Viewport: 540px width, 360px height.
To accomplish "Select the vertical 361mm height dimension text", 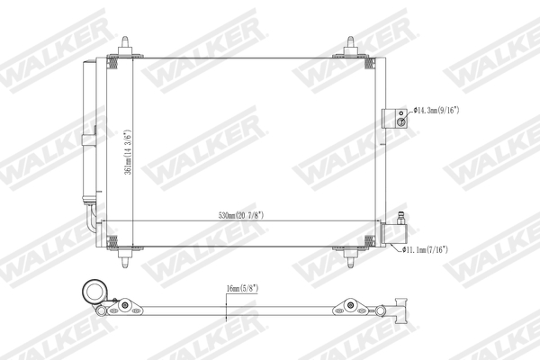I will click(130, 149).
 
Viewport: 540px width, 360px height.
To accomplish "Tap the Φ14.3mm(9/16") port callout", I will click(436, 111).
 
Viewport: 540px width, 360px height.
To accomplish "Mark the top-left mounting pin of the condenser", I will click(126, 46).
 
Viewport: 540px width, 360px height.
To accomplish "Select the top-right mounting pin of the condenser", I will click(352, 46).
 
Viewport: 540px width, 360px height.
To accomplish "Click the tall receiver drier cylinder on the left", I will click(89, 126).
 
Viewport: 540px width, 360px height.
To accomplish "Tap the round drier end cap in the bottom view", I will click(94, 292).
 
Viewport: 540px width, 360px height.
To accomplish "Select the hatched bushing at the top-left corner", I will click(113, 60).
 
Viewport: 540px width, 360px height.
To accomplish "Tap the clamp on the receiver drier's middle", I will click(89, 137).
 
